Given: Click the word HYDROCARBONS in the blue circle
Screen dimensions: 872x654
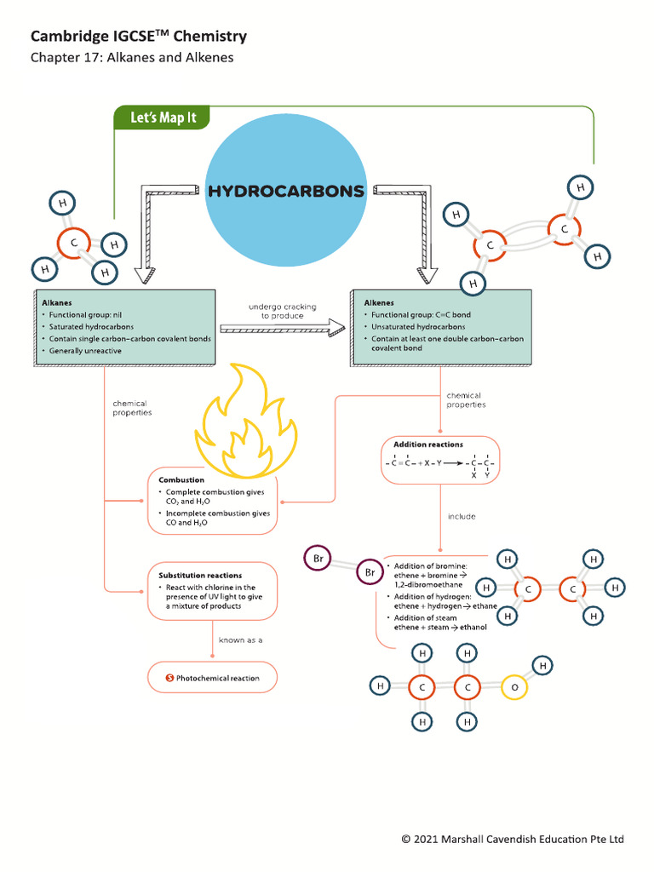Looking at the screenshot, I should pos(286,191).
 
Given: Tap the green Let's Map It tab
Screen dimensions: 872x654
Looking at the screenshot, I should pos(162,118).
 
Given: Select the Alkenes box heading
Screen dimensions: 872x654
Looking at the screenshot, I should pos(379,302).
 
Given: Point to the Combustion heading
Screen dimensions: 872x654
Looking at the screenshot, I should pos(181,480).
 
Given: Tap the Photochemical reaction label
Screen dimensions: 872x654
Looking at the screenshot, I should pos(217,678).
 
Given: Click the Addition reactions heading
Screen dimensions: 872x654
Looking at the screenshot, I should pos(427,445).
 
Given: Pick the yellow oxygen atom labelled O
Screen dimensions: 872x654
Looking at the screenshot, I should pos(513,686).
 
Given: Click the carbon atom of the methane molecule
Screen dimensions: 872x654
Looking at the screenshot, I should pos(74,244).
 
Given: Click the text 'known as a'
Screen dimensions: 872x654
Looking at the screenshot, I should pos(241,639).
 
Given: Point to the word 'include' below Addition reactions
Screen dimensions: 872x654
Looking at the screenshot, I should pos(462,516).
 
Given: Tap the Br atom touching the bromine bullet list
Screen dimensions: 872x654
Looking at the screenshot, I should pos(370,572).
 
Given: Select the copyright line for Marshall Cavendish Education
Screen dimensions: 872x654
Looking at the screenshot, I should pos(513,839).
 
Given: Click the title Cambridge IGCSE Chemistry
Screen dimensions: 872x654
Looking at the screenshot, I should pos(139,36).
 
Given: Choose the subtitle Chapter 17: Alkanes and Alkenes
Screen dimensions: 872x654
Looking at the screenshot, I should pos(132,58).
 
